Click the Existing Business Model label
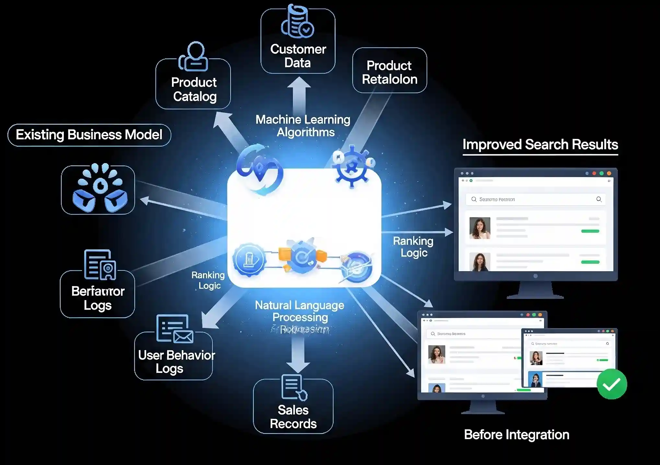[x=89, y=135]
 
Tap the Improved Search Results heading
[x=540, y=145]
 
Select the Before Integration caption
[x=516, y=435]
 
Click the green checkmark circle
[x=612, y=384]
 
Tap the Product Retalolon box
[x=389, y=71]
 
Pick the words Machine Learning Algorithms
[x=303, y=126]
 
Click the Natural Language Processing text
[x=300, y=311]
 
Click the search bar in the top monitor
[x=535, y=199]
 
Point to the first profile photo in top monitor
[x=480, y=228]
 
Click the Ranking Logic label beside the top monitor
[x=413, y=247]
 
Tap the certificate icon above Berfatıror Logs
[x=100, y=265]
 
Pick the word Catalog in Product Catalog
[x=195, y=96]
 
